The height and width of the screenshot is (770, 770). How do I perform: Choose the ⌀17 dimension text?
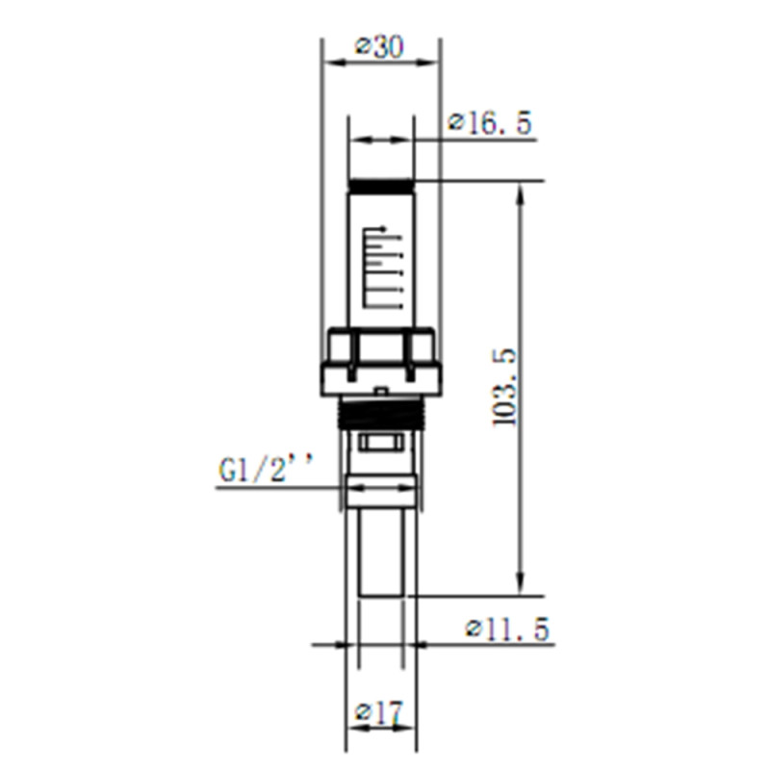[379, 713]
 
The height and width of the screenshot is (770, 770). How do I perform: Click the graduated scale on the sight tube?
[380, 269]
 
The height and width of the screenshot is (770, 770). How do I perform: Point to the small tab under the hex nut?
[381, 391]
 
